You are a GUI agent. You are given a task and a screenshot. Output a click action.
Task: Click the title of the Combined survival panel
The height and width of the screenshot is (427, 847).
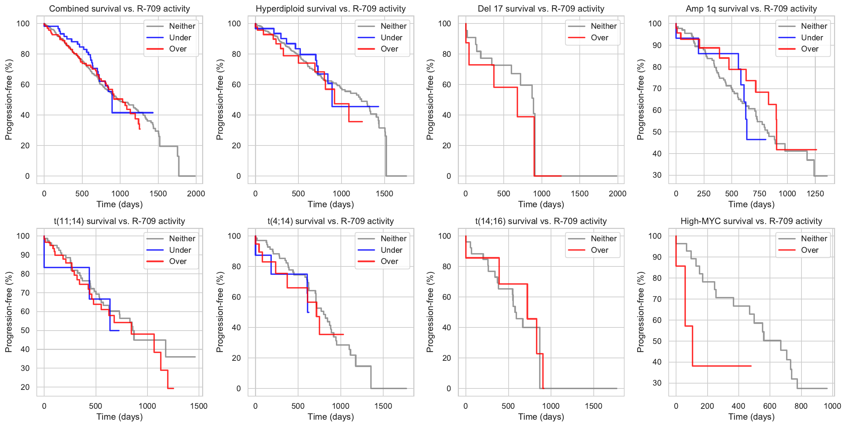[x=119, y=9]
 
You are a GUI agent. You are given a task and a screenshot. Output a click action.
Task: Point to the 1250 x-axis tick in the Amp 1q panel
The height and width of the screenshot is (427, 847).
[x=815, y=194]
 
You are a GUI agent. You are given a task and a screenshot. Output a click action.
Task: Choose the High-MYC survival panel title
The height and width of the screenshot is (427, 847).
[x=751, y=221]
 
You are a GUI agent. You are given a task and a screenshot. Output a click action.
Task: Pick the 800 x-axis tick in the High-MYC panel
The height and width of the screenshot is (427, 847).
[x=801, y=406]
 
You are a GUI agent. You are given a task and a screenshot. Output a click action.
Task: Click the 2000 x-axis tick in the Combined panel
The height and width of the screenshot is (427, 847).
[x=196, y=194]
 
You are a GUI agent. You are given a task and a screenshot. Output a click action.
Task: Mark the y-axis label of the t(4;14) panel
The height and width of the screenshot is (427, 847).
[x=220, y=312]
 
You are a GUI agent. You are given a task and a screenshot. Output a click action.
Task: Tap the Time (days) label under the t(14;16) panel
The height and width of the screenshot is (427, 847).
[x=541, y=417]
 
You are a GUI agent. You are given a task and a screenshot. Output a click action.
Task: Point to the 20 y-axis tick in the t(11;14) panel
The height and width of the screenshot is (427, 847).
[x=25, y=387]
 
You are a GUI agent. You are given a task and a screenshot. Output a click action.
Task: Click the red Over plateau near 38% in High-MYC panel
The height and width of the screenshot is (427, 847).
[x=722, y=366]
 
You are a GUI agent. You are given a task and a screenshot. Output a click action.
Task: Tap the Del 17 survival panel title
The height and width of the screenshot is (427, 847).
[x=541, y=9]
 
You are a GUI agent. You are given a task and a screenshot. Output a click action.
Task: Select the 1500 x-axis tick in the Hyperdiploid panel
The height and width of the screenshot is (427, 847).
[x=384, y=194]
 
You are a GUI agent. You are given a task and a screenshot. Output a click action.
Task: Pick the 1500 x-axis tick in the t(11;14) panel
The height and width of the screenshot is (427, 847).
[x=199, y=406]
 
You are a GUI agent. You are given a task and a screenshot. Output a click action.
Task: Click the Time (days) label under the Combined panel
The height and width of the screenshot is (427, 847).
[x=119, y=204]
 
